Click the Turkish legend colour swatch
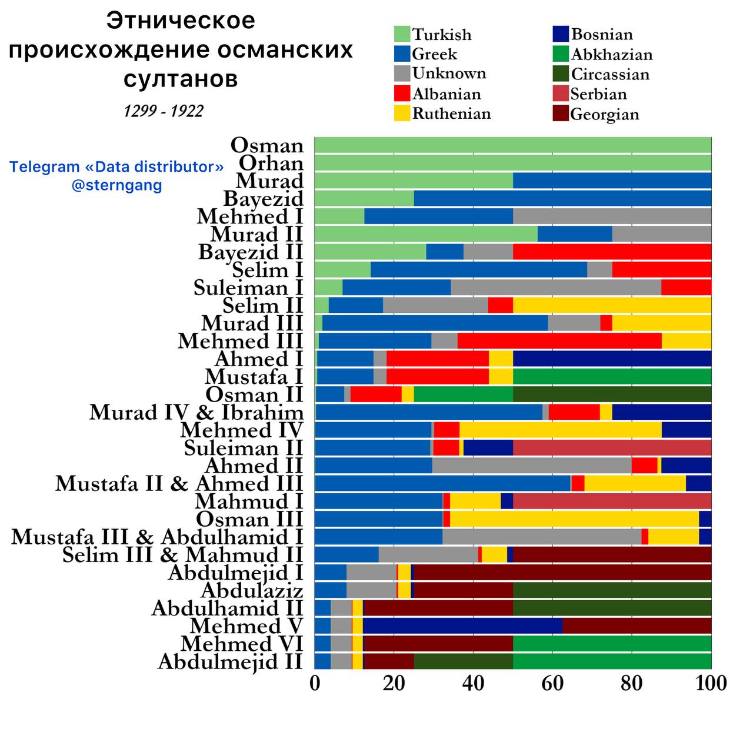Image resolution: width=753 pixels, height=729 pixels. pyautogui.click(x=402, y=34)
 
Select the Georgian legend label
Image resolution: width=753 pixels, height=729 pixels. pyautogui.click(x=604, y=114)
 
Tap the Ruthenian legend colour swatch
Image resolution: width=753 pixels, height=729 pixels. pyautogui.click(x=402, y=113)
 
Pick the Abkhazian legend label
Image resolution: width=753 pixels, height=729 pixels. pyautogui.click(x=611, y=55)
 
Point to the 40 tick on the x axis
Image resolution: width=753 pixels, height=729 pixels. pyautogui.click(x=473, y=684)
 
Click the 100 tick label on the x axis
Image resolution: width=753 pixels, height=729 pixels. pyautogui.click(x=711, y=684)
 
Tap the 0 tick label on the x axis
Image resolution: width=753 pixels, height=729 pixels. pyautogui.click(x=315, y=684)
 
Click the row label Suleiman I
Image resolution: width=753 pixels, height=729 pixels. pyautogui.click(x=248, y=288)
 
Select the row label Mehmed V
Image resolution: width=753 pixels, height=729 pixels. pyautogui.click(x=246, y=626)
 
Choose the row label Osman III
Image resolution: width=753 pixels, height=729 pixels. pyautogui.click(x=249, y=519)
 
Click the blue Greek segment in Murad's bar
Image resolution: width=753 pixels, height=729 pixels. pyautogui.click(x=612, y=180)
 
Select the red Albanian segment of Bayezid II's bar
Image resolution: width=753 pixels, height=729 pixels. pyautogui.click(x=612, y=252)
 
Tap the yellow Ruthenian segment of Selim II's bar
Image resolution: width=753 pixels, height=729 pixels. pyautogui.click(x=612, y=305)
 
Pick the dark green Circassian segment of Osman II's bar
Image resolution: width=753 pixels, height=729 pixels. pyautogui.click(x=612, y=394)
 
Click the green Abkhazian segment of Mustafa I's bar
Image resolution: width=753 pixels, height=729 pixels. pyautogui.click(x=612, y=376)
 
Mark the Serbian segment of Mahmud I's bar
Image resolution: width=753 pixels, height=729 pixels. pyautogui.click(x=612, y=501)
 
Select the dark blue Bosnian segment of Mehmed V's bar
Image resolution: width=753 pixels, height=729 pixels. pyautogui.click(x=462, y=626)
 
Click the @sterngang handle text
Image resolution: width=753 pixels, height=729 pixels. pyautogui.click(x=116, y=186)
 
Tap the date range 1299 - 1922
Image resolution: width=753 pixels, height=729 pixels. pyautogui.click(x=164, y=111)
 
